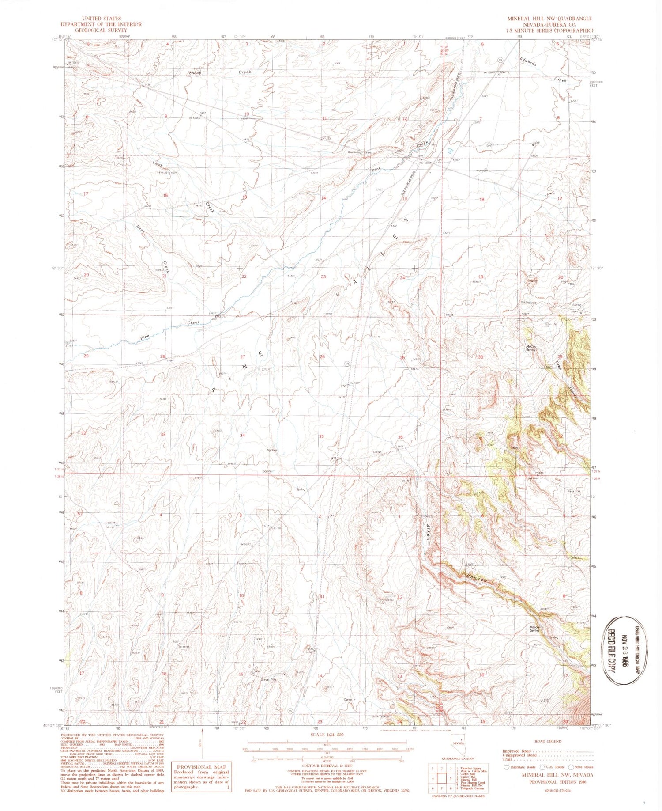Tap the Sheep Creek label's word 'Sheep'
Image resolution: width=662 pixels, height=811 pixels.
[195, 73]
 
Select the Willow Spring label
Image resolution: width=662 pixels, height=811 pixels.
[535, 629]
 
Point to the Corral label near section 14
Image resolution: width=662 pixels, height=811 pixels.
[349, 699]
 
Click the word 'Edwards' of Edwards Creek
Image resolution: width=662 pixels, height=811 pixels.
[528, 61]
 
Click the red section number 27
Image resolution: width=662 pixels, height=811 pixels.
[242, 356]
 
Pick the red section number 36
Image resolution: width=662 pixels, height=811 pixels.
[400, 437]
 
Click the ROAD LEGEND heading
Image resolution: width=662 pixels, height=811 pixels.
[548, 741]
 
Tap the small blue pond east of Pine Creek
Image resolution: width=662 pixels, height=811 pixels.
[450, 151]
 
